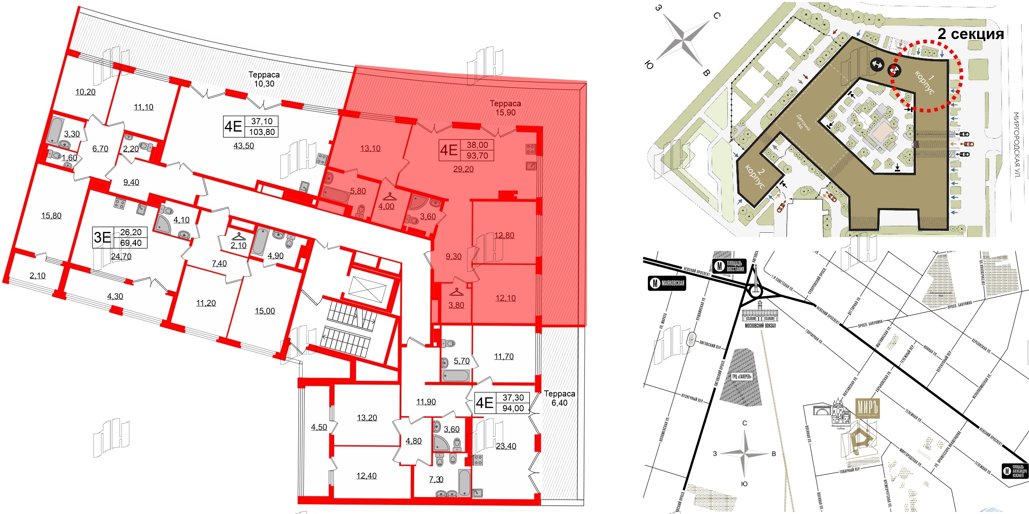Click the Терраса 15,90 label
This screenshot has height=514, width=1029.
point(505,108)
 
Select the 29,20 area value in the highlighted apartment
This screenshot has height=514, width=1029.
point(463,169)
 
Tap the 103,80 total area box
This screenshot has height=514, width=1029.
point(262,132)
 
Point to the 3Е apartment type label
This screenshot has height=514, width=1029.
point(102,238)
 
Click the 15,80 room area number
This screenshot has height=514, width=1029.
point(51,216)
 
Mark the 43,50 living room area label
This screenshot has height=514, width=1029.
point(244,146)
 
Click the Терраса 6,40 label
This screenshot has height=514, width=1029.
point(559,398)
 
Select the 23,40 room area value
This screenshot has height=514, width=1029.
point(506,446)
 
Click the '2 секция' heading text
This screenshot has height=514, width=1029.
point(971,34)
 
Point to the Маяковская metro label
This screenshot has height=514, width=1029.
point(667,283)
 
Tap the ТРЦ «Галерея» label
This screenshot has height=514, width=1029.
point(742,377)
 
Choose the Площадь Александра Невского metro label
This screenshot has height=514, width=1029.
point(1015,471)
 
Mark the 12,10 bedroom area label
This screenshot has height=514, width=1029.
point(505,299)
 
